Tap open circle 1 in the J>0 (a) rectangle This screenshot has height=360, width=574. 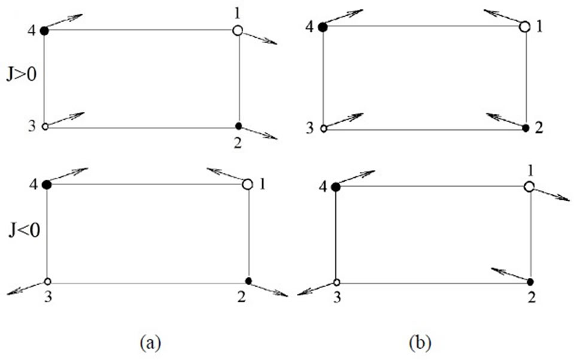tap(238, 30)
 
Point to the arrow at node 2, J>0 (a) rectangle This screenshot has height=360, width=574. tap(259, 132)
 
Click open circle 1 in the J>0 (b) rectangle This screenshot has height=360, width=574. tap(525, 27)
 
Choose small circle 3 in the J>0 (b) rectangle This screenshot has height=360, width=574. tap(324, 128)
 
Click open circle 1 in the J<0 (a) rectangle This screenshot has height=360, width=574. tap(247, 184)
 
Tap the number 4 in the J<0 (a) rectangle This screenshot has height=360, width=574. tap(34, 183)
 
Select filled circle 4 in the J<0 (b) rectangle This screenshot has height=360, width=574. tap(336, 187)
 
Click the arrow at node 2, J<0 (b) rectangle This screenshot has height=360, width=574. tap(510, 275)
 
